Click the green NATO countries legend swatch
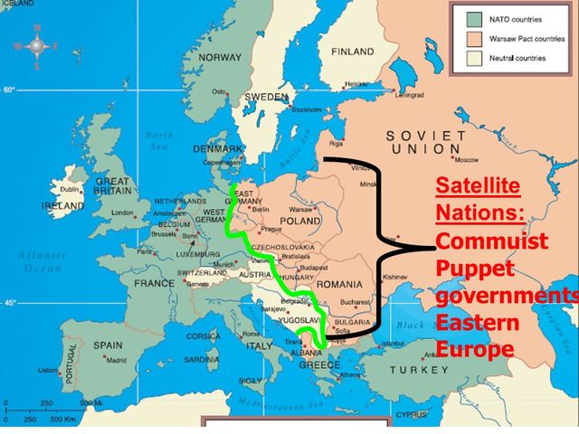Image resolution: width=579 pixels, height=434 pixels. [472, 17]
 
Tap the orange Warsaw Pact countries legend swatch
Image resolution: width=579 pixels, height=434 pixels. [472, 39]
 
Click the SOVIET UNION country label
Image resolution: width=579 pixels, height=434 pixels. [427, 141]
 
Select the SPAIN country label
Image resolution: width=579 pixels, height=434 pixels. [108, 344]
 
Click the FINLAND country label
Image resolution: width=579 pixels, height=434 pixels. [352, 52]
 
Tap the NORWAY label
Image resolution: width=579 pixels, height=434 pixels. [220, 58]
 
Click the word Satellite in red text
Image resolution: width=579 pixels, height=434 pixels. [478, 187]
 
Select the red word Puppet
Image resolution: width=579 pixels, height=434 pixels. [472, 269]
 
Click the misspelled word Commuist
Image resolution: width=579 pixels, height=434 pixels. [492, 241]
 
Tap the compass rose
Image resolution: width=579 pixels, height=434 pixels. [37, 46]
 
